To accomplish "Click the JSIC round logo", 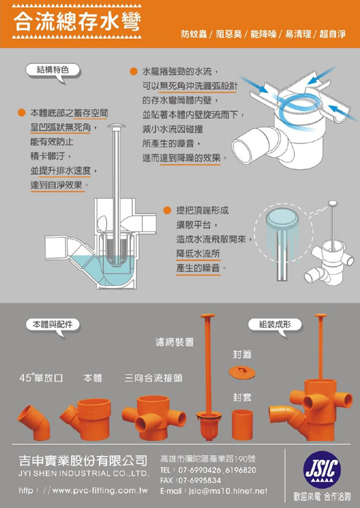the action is point(322,469).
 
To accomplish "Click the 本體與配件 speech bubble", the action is point(52,325).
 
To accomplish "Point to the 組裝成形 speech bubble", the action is point(275,325).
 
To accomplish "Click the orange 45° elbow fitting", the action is point(34,423).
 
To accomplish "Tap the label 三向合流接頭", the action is point(153,378).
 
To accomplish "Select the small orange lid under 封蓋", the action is point(242,373).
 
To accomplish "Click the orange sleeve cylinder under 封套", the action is point(242,425).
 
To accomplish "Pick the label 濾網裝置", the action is point(174,342).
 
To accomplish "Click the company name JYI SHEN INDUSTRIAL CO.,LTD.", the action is point(84,474).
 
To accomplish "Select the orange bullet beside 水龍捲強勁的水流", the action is point(133,72).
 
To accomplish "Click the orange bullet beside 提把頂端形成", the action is point(167,211).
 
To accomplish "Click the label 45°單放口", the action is point(41,378).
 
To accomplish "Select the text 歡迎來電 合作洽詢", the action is point(322,497).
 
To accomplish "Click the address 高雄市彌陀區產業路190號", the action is point(208,459).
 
